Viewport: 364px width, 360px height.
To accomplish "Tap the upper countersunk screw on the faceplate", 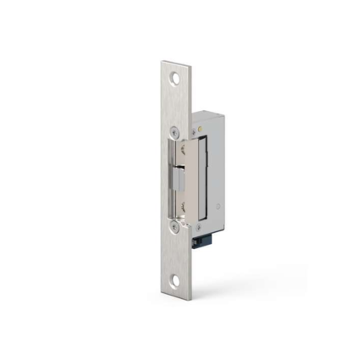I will tap(174, 132).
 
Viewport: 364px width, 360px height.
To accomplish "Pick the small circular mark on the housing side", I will tap(218, 204).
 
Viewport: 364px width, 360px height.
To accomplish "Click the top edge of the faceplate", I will tap(174, 62).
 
